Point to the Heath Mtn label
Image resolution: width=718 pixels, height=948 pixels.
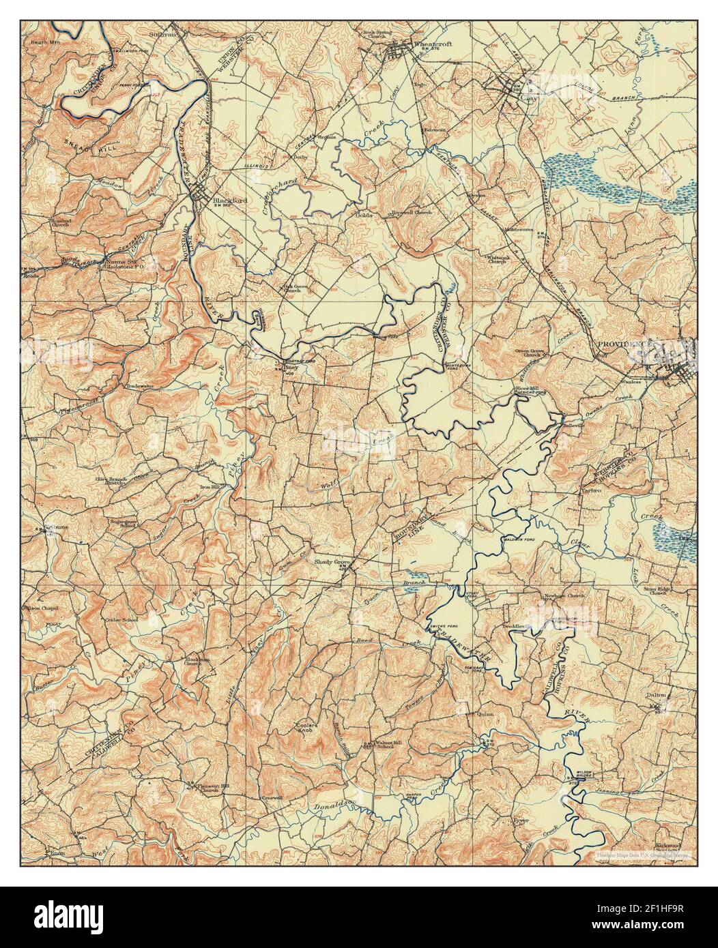click(x=43, y=42)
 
